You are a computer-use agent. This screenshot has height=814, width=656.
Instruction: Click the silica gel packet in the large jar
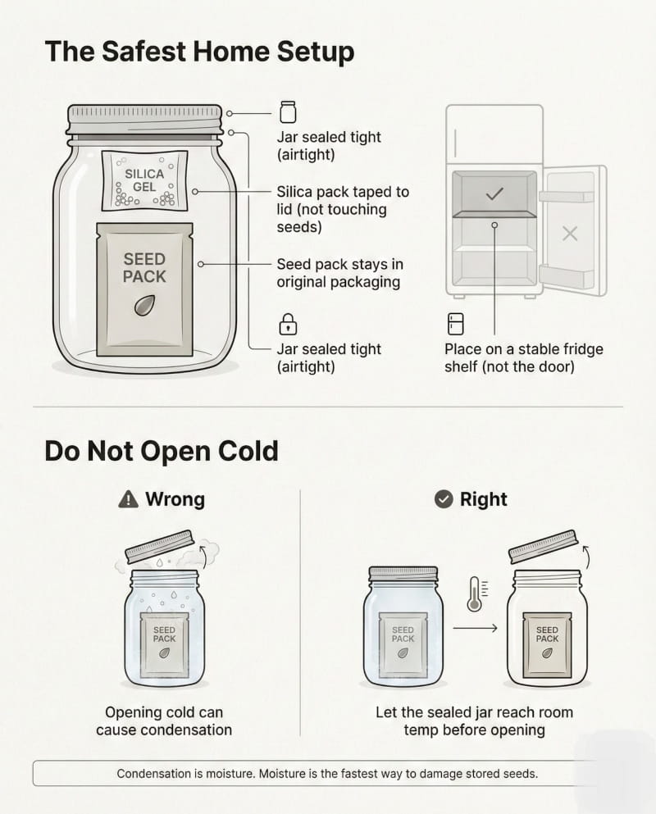click(144, 180)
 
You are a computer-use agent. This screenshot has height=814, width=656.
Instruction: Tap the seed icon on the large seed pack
click(144, 306)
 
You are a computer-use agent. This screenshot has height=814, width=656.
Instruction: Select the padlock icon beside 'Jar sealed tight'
click(288, 324)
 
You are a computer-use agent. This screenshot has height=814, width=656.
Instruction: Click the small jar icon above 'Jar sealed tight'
click(288, 112)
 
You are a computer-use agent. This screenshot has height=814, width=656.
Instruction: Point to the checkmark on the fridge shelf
click(494, 193)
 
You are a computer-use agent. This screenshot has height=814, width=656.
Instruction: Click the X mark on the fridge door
click(570, 234)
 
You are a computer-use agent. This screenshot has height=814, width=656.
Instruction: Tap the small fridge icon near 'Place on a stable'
click(456, 324)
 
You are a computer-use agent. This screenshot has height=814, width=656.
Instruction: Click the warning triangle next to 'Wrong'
click(128, 499)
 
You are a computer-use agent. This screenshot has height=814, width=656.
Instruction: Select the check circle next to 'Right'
click(444, 499)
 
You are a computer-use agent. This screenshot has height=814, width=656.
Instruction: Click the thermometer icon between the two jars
click(476, 593)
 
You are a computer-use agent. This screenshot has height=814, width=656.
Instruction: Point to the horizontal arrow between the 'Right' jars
click(475, 628)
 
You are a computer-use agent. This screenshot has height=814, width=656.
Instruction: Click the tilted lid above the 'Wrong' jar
click(160, 546)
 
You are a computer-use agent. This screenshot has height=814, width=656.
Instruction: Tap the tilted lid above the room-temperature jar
click(543, 546)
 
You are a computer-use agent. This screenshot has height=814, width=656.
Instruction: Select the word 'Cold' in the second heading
click(248, 451)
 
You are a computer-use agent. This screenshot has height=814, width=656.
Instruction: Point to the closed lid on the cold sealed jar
click(403, 574)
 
